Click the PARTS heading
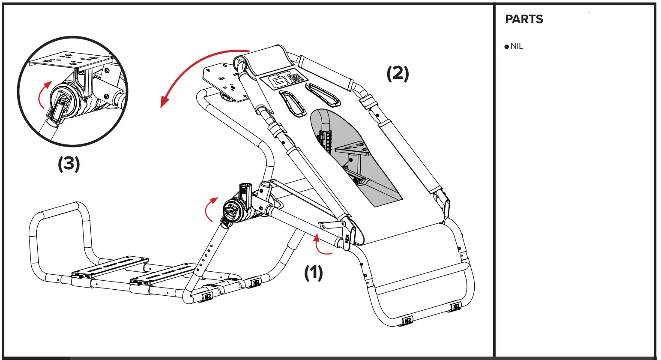click(523, 19)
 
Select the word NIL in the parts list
click(517, 46)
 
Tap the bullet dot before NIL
click(507, 47)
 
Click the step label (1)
click(313, 273)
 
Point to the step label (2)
click(398, 74)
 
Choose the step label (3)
click(69, 164)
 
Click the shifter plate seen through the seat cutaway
click(352, 149)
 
